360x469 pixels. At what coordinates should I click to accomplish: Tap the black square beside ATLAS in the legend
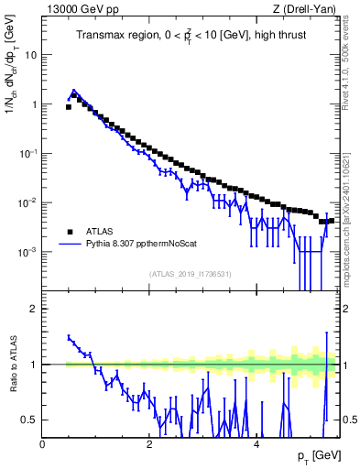(x=68, y=231)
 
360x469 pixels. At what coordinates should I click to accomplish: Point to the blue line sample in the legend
(x=68, y=244)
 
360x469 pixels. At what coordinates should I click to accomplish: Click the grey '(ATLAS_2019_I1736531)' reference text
(x=191, y=274)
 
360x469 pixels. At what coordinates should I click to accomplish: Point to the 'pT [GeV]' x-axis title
(x=317, y=456)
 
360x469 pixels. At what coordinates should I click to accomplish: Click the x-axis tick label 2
(x=149, y=444)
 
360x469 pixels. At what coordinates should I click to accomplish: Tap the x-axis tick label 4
(x=256, y=444)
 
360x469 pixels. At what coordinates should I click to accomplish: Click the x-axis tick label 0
(x=43, y=444)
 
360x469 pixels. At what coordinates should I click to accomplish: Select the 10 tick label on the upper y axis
(x=30, y=54)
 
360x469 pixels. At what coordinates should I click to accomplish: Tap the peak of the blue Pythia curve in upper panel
(x=74, y=92)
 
